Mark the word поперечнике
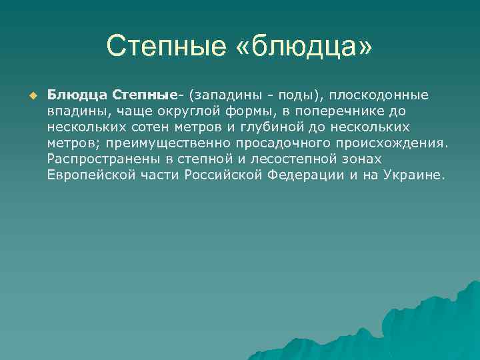(343, 111)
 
